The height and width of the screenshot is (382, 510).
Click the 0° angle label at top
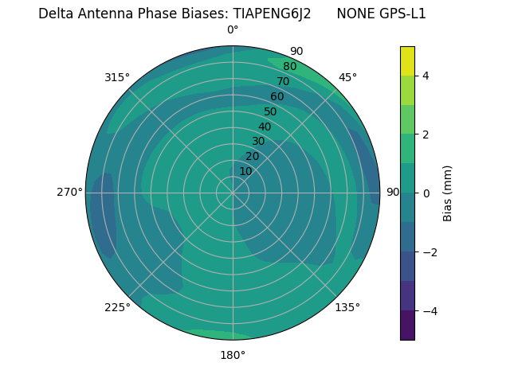pyautogui.click(x=233, y=30)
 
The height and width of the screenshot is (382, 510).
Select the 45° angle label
pyautogui.click(x=347, y=77)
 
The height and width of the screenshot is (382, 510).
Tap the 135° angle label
pyautogui.click(x=347, y=307)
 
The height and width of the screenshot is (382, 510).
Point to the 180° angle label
pyautogui.click(x=233, y=355)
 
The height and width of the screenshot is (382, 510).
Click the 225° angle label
pyautogui.click(x=117, y=307)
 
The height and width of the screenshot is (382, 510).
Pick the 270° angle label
pyautogui.click(x=69, y=192)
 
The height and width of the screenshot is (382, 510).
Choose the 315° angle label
pyautogui.click(x=117, y=77)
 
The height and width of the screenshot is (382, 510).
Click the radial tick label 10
pyautogui.click(x=245, y=171)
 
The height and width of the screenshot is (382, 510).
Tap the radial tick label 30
pyautogui.click(x=258, y=141)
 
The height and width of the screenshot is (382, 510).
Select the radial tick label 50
pyautogui.click(x=271, y=111)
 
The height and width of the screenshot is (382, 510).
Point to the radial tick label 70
pyautogui.click(x=283, y=81)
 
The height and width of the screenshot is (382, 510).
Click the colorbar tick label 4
pyautogui.click(x=426, y=76)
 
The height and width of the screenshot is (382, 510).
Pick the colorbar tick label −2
pyautogui.click(x=428, y=252)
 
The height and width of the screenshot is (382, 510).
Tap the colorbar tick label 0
pyautogui.click(x=426, y=193)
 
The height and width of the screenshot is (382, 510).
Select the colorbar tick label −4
pyautogui.click(x=428, y=311)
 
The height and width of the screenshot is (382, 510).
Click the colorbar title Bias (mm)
pyautogui.click(x=448, y=193)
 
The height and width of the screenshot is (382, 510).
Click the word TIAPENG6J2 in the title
pyautogui.click(x=272, y=14)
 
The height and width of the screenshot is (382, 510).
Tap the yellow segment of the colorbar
pyautogui.click(x=408, y=60)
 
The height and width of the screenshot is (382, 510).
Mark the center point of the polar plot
pyautogui.click(x=233, y=193)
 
